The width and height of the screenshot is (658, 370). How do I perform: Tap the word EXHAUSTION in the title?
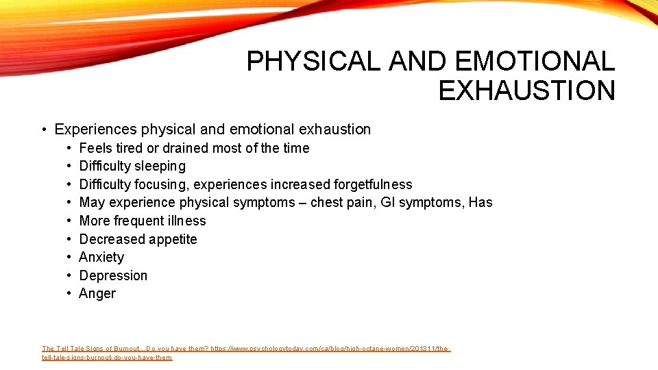[526, 90]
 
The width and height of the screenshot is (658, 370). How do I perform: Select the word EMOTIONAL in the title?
[535, 62]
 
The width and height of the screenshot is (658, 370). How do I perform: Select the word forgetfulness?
[373, 184]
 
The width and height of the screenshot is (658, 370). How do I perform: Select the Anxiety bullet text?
[101, 257]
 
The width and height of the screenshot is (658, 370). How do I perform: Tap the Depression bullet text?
[113, 275]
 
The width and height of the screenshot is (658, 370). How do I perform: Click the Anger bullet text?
[97, 293]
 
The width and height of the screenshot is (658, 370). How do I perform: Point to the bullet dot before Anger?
[70, 294]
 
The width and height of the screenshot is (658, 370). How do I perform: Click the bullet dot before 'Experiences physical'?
[43, 130]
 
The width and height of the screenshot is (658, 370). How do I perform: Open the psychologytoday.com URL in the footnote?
[329, 349]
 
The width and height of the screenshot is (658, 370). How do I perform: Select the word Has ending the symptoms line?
[480, 202]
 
